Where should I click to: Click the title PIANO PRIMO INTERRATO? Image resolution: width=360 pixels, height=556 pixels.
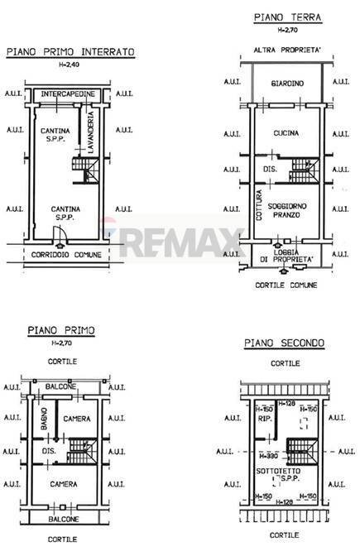[70, 51]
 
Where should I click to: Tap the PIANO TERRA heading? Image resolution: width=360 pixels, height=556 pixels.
[287, 17]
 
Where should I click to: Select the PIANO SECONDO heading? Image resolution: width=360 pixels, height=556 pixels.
[284, 343]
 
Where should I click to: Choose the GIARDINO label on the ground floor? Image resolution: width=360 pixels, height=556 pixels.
[286, 84]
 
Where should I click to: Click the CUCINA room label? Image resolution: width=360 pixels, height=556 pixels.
[287, 132]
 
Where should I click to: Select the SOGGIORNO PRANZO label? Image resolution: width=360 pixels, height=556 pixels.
[286, 208]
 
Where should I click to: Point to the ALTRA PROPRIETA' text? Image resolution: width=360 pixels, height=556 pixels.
[287, 50]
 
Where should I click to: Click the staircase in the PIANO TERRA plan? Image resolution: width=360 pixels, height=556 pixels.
[301, 172]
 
